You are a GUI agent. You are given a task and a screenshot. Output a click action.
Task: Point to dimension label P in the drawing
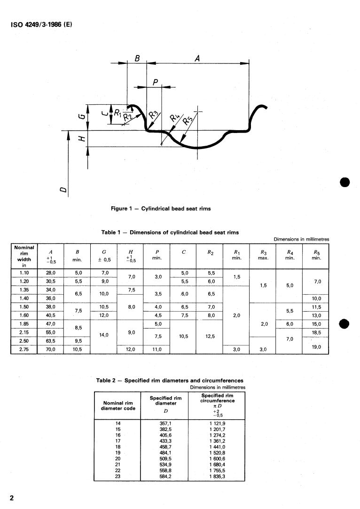[155, 82]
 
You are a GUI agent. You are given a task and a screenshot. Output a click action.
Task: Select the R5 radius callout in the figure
[188, 119]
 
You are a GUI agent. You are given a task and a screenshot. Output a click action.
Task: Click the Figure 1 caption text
[160, 209]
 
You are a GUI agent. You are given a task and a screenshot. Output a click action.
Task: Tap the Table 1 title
[170, 232]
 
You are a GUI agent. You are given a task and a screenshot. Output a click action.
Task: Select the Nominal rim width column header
[23, 256]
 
